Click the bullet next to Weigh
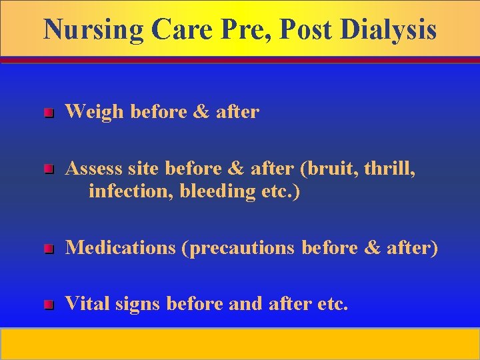(x=47, y=113)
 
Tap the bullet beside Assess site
(x=47, y=171)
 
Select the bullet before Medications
(x=47, y=249)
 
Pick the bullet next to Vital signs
(x=47, y=305)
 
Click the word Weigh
(x=95, y=112)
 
